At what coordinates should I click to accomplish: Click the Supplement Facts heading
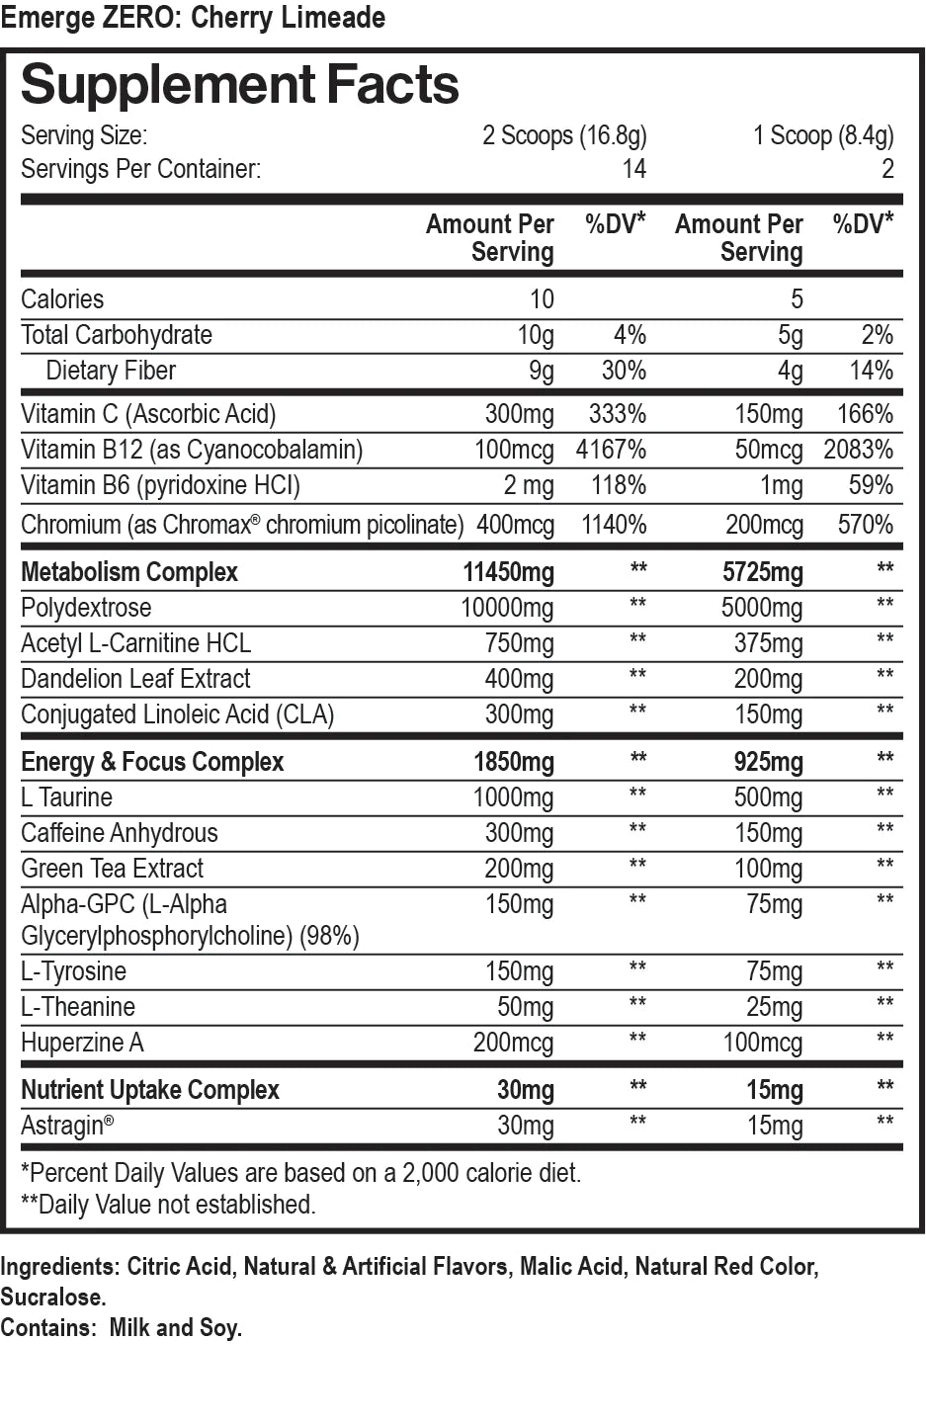(240, 85)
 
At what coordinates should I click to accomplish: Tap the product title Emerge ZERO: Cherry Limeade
(193, 18)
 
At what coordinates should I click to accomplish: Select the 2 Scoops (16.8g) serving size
(563, 134)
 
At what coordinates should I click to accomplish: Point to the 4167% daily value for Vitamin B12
(611, 450)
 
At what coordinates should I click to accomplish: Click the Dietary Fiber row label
(111, 371)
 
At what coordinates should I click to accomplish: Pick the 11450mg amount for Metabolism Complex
(508, 572)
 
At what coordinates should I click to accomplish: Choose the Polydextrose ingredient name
(86, 608)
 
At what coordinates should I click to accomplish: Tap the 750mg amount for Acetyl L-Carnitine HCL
(519, 643)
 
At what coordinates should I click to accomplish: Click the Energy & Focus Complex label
(152, 762)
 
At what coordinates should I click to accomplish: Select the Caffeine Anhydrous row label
(120, 833)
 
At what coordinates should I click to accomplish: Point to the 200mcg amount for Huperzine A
(513, 1043)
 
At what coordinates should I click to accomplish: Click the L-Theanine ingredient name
(78, 1007)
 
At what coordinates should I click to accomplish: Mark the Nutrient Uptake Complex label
(150, 1090)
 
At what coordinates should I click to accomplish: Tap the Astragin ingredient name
(66, 1126)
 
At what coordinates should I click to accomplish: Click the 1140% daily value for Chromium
(613, 525)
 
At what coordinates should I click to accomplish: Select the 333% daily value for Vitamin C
(617, 414)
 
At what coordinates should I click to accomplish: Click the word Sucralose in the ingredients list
(52, 1298)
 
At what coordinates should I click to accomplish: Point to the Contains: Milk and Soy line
(121, 1327)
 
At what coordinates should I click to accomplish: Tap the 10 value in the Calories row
(542, 299)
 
